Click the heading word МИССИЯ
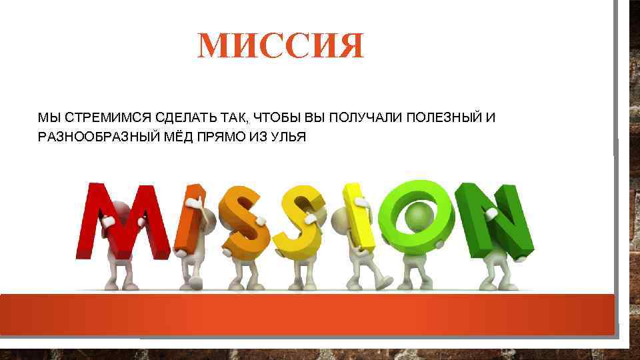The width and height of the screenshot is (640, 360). click(281, 46)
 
